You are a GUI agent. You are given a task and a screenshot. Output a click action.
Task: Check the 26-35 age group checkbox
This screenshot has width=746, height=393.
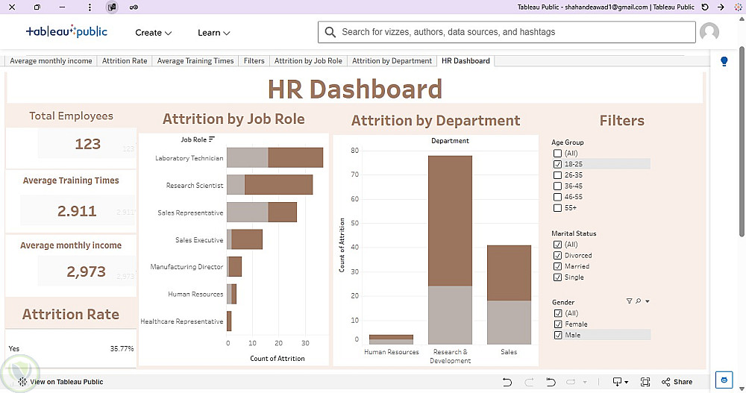pyautogui.click(x=557, y=175)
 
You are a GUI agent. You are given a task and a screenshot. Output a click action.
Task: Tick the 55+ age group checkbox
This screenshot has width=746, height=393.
pyautogui.click(x=557, y=208)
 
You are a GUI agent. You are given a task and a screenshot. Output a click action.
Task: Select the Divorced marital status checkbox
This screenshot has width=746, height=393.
pyautogui.click(x=557, y=256)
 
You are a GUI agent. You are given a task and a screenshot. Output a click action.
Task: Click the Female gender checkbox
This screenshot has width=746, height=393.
pyautogui.click(x=557, y=324)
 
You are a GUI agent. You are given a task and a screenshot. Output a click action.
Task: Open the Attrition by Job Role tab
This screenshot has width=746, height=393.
pyautogui.click(x=308, y=61)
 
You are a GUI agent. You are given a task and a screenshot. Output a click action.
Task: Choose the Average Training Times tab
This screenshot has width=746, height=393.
pyautogui.click(x=195, y=61)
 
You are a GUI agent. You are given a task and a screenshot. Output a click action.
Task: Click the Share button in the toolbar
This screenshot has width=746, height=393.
pyautogui.click(x=677, y=382)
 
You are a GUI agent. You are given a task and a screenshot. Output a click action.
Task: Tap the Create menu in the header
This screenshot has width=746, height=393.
pyautogui.click(x=153, y=33)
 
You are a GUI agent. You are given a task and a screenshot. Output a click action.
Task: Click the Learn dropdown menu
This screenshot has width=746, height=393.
pyautogui.click(x=213, y=33)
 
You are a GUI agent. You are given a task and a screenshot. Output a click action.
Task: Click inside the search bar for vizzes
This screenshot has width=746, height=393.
pyautogui.click(x=507, y=32)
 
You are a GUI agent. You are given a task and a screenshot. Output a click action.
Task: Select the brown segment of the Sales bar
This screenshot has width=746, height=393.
pyautogui.click(x=509, y=273)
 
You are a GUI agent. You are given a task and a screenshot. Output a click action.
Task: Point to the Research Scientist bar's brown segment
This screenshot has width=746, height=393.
pyautogui.click(x=278, y=185)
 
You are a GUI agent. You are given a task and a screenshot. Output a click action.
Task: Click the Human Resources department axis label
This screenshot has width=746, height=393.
pyautogui.click(x=392, y=352)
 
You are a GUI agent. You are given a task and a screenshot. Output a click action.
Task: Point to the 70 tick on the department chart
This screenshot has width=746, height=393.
pyautogui.click(x=354, y=175)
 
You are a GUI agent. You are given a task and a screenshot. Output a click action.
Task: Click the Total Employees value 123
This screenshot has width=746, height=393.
pyautogui.click(x=87, y=144)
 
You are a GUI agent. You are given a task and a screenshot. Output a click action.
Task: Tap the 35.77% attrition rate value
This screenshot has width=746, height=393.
pyautogui.click(x=122, y=349)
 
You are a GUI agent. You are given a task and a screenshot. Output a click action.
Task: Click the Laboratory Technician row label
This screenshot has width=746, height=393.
pyautogui.click(x=189, y=158)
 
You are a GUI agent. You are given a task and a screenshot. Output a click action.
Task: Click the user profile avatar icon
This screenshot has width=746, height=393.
pyautogui.click(x=709, y=32)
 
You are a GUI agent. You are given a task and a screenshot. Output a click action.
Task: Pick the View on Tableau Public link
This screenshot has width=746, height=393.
pyautogui.click(x=61, y=382)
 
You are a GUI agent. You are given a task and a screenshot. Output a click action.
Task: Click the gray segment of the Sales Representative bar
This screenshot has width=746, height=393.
pyautogui.click(x=248, y=213)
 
